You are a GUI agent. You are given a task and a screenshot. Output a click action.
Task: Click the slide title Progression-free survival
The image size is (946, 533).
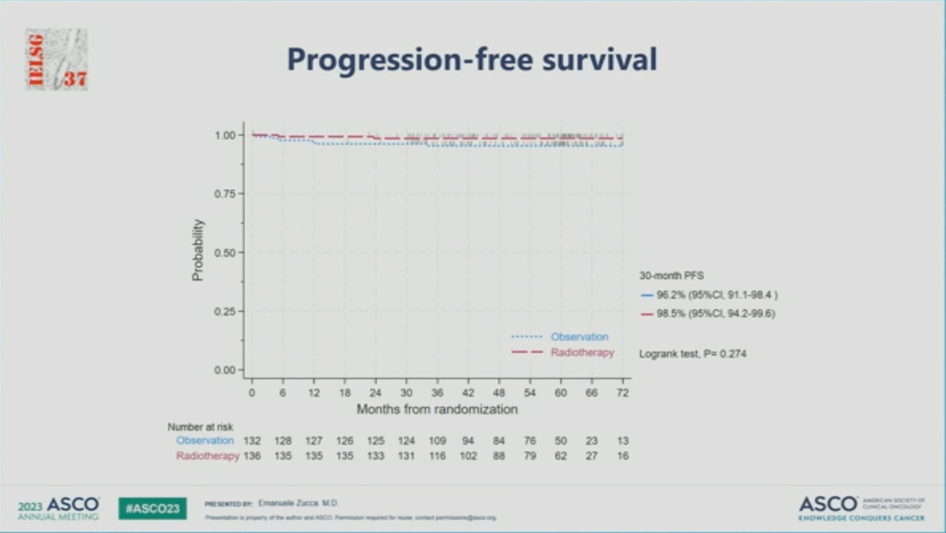click(x=472, y=60)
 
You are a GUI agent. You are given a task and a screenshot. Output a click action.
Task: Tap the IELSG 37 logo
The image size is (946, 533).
click(x=57, y=60)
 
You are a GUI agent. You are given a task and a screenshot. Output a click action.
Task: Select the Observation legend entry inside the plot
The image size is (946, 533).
click(x=579, y=337)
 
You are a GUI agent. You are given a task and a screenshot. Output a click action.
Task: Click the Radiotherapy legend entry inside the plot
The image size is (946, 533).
click(x=582, y=352)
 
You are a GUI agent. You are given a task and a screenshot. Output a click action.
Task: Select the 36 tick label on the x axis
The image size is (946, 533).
click(x=437, y=394)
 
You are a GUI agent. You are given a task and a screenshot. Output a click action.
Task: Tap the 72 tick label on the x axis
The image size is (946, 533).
click(x=623, y=394)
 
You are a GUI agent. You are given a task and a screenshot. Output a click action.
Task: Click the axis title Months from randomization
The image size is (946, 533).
click(x=437, y=409)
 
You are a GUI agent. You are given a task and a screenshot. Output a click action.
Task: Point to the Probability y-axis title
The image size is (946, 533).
click(x=198, y=250)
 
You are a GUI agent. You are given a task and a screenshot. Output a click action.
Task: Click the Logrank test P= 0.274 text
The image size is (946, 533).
click(x=693, y=353)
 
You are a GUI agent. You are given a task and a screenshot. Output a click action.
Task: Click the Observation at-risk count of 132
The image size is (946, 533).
click(x=252, y=441)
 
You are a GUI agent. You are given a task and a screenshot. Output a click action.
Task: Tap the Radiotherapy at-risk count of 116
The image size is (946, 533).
click(x=437, y=456)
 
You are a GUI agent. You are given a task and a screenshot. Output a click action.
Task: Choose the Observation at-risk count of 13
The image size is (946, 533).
click(x=623, y=441)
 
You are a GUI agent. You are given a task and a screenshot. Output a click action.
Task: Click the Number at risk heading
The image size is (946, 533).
click(x=201, y=427)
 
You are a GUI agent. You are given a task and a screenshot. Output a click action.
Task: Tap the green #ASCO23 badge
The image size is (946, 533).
click(x=152, y=508)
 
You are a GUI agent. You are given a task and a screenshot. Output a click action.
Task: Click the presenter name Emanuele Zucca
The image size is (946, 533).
click(x=298, y=503)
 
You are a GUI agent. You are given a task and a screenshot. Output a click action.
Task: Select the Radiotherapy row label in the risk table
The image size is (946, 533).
click(x=208, y=456)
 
